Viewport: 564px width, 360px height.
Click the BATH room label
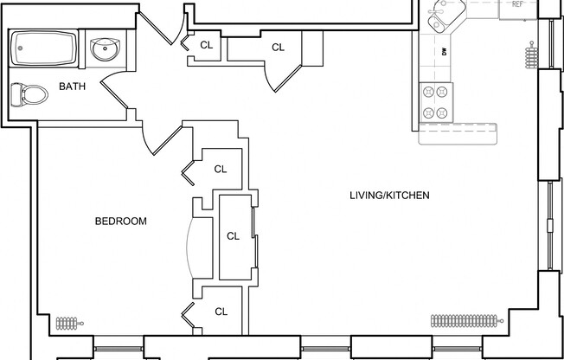pyautogui.click(x=72, y=87)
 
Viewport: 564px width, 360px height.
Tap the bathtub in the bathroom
pyautogui.click(x=44, y=48)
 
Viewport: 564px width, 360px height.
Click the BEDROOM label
pyautogui.click(x=120, y=222)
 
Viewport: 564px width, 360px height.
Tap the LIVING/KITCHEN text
pyautogui.click(x=389, y=195)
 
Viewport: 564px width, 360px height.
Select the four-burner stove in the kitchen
pyautogui.click(x=435, y=102)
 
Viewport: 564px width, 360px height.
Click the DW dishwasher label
pyautogui.click(x=443, y=51)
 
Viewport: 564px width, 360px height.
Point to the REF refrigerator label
pyautogui.click(x=517, y=4)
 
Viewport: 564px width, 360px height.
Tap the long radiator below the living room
pyautogui.click(x=465, y=320)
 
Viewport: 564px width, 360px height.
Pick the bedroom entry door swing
pyautogui.click(x=159, y=138)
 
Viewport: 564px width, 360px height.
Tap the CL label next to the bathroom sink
pyautogui.click(x=206, y=44)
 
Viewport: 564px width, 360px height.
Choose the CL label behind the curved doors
pyautogui.click(x=233, y=235)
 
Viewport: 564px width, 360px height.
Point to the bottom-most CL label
pyautogui.click(x=221, y=312)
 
